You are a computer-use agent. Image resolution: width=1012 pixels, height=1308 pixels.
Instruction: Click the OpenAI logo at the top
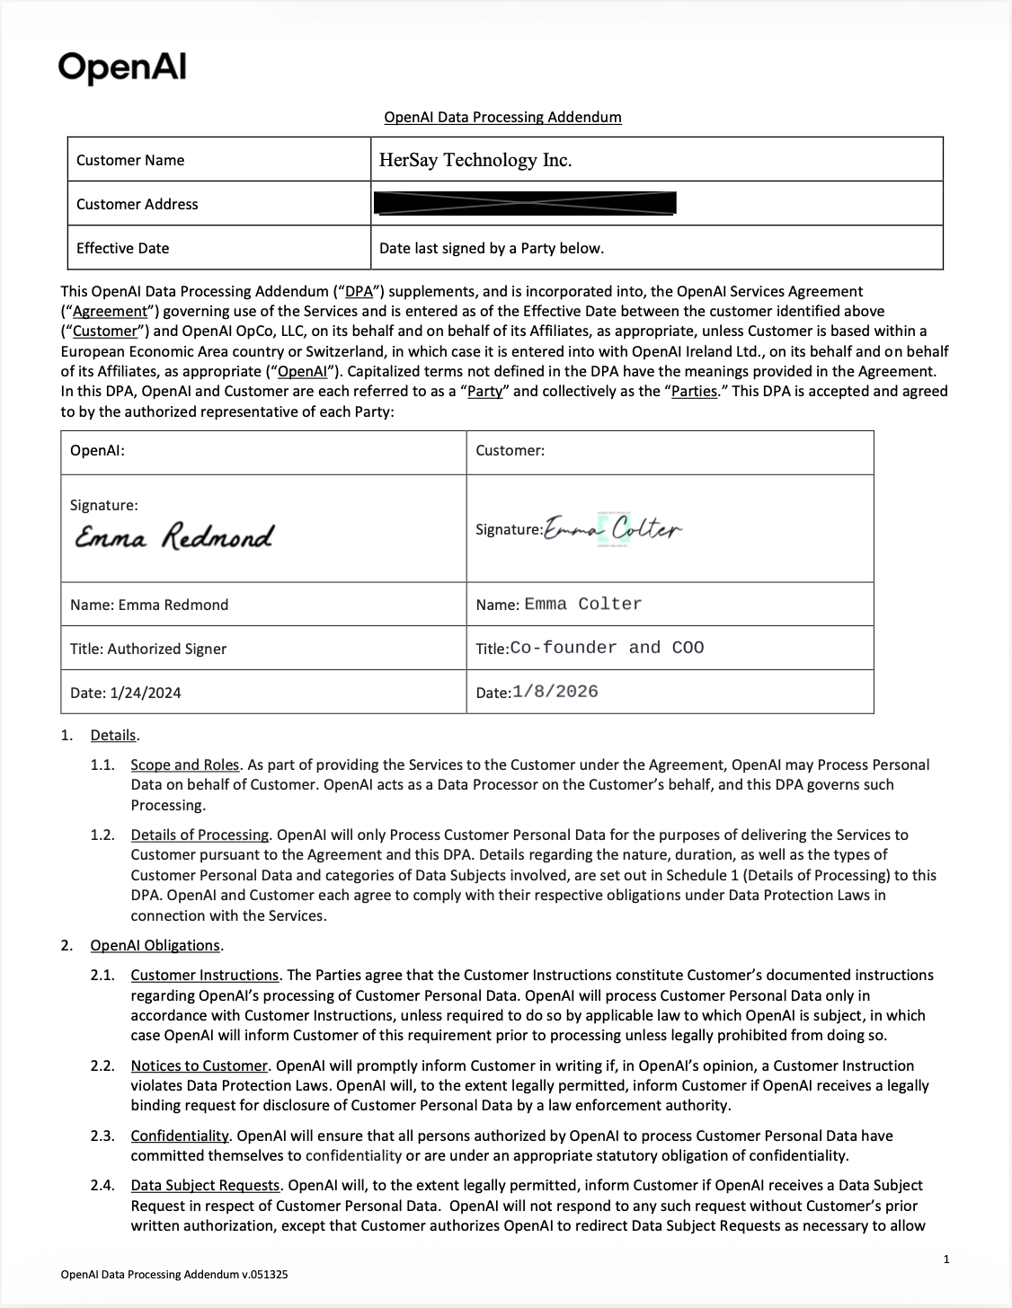coord(122,67)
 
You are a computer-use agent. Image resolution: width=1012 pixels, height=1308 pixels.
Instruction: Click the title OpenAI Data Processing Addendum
coord(502,117)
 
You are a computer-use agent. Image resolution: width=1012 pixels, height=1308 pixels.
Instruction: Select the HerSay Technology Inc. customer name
coord(475,160)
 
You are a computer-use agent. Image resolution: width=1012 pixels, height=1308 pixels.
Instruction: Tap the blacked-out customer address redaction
coord(524,204)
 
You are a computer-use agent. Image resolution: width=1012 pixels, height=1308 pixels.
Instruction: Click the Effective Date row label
coord(122,248)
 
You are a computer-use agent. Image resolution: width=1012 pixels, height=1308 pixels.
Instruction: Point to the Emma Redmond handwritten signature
coord(173,536)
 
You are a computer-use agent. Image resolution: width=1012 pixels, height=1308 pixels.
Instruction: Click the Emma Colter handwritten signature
coord(613,530)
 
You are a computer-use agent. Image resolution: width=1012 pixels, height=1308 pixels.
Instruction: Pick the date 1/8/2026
coord(555,692)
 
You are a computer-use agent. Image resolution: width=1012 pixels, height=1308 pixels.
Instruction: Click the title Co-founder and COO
coord(607,648)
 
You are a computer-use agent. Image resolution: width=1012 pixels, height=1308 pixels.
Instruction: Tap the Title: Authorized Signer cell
coord(148,649)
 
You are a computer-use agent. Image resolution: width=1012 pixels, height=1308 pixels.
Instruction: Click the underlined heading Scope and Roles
coord(185,764)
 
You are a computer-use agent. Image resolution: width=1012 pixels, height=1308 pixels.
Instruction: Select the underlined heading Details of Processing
coord(200,835)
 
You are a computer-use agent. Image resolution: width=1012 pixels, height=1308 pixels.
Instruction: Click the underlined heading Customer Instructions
coord(205,975)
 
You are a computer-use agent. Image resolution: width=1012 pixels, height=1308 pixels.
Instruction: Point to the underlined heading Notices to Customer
coord(200,1065)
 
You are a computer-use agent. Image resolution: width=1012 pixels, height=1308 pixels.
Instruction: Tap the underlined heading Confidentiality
coord(180,1136)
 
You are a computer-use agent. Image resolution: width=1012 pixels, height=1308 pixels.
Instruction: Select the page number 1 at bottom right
coord(946,1259)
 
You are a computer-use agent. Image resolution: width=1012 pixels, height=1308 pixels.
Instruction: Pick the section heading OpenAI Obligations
coord(155,945)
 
